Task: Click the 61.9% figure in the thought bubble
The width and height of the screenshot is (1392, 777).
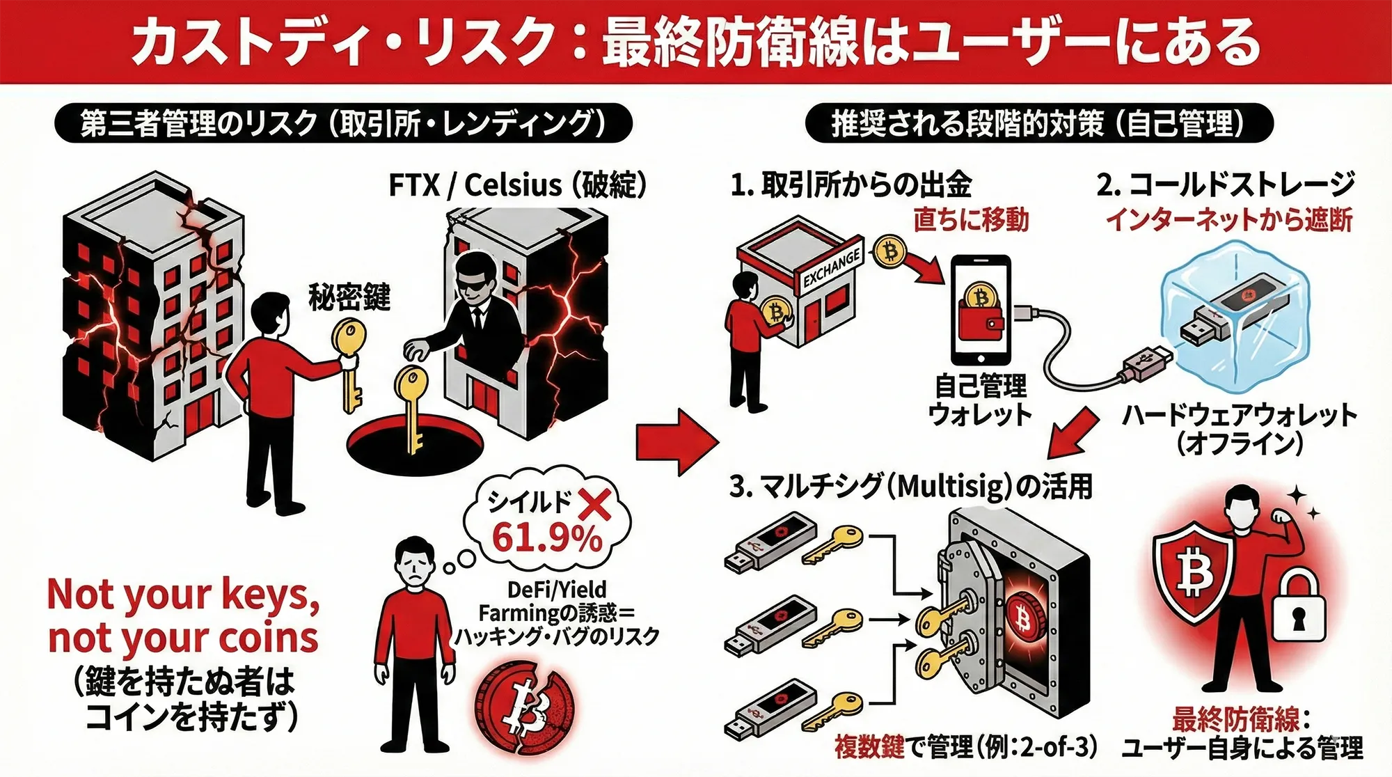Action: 546,537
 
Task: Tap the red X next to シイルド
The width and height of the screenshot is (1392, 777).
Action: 594,503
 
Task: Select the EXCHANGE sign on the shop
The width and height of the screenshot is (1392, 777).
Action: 831,269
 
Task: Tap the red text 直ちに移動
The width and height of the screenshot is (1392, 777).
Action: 971,220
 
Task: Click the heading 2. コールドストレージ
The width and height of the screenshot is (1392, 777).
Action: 1226,185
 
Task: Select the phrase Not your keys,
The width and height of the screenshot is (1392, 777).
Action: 183,595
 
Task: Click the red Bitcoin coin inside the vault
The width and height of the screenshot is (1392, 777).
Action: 1023,617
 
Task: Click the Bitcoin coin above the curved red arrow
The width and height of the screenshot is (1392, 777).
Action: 889,251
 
